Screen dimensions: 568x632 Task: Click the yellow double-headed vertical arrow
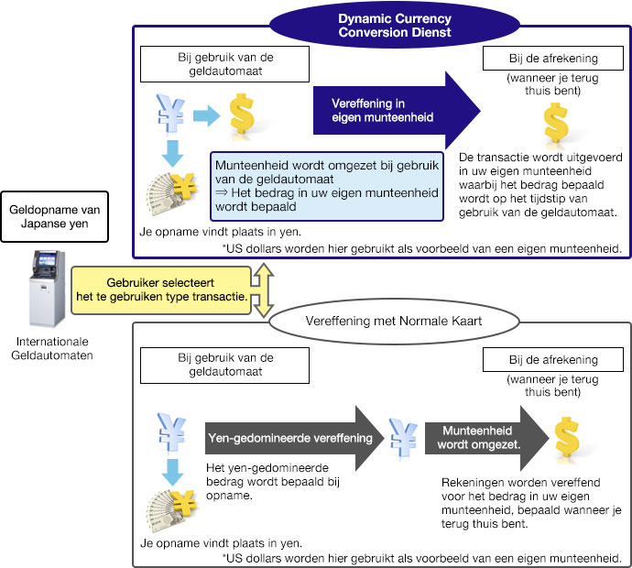(x=263, y=289)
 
